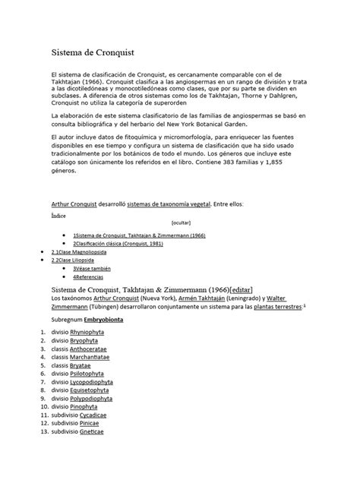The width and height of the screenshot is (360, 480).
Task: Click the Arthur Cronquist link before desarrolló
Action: [74, 205]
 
